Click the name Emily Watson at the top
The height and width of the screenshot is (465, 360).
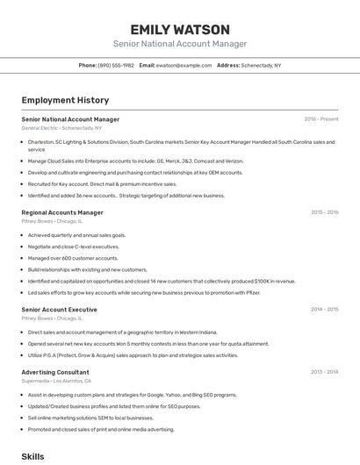coord(179,29)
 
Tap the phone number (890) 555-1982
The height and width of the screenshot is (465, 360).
coord(116,66)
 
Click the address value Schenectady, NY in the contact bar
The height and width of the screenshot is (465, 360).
coord(261,66)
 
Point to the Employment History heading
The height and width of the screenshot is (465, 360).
coord(65,100)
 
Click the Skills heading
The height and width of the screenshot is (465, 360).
coord(32,456)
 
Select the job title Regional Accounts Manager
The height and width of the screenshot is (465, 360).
coord(62,212)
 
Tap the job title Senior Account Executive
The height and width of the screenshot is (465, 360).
coord(59,310)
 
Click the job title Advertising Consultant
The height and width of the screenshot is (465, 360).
coord(55,372)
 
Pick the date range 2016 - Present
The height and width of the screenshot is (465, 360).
coord(320,119)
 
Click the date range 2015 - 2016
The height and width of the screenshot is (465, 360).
coord(324,212)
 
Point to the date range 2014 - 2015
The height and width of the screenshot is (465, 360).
coord(324,310)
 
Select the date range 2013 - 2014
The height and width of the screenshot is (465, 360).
coord(324,372)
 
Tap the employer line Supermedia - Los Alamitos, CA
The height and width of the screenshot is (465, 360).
coord(56,381)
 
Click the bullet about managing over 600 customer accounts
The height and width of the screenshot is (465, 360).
coord(73,258)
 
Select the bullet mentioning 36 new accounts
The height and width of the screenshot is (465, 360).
coord(126,196)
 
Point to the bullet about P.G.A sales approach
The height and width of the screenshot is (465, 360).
coord(133,355)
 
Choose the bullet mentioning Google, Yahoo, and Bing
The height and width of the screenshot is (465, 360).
coord(132,395)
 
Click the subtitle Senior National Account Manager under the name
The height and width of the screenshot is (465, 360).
coord(179,44)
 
